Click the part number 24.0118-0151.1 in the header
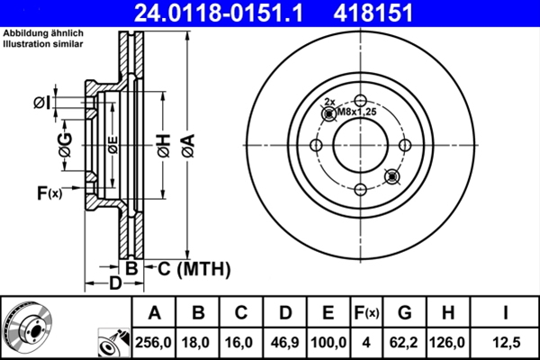click(x=219, y=13)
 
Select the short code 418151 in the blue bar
click(x=373, y=13)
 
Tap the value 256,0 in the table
click(x=153, y=342)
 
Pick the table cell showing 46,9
click(x=284, y=342)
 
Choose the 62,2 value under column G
click(x=403, y=342)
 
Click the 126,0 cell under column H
click(x=447, y=342)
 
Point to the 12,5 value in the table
click(x=506, y=342)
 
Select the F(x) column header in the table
click(x=366, y=313)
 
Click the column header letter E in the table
click(x=328, y=313)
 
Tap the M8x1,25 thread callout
click(x=356, y=112)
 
